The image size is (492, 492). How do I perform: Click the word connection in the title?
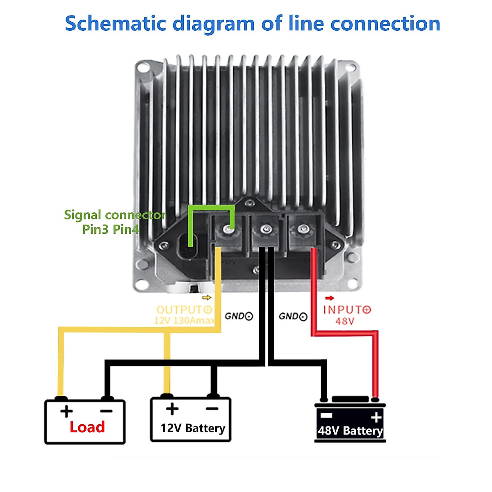pos(385,23)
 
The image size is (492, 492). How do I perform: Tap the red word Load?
pos(87,427)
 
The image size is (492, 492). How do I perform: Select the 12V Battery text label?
pos(193,428)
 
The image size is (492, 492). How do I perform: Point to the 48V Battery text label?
pos(350,431)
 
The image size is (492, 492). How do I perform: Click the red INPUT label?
pos(347,310)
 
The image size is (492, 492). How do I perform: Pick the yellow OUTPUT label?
pos(184,310)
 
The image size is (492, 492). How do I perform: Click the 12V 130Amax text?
pos(184,321)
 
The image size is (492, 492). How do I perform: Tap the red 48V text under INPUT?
pos(345,321)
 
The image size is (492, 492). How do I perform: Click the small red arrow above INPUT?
pos(329,298)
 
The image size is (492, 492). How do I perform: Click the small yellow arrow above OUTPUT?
pos(207,298)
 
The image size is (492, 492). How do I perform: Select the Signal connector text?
pos(115,215)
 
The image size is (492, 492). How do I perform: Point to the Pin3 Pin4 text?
pos(111,229)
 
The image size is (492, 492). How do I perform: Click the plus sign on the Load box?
pos(66,411)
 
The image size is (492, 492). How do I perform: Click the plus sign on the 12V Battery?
pos(172,409)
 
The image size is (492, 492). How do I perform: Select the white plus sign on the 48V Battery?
pos(376,418)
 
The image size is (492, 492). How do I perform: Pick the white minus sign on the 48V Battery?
pos(326,416)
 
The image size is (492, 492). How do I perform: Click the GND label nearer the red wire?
pos(293,316)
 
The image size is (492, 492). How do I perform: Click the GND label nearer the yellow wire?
pos(239,316)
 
